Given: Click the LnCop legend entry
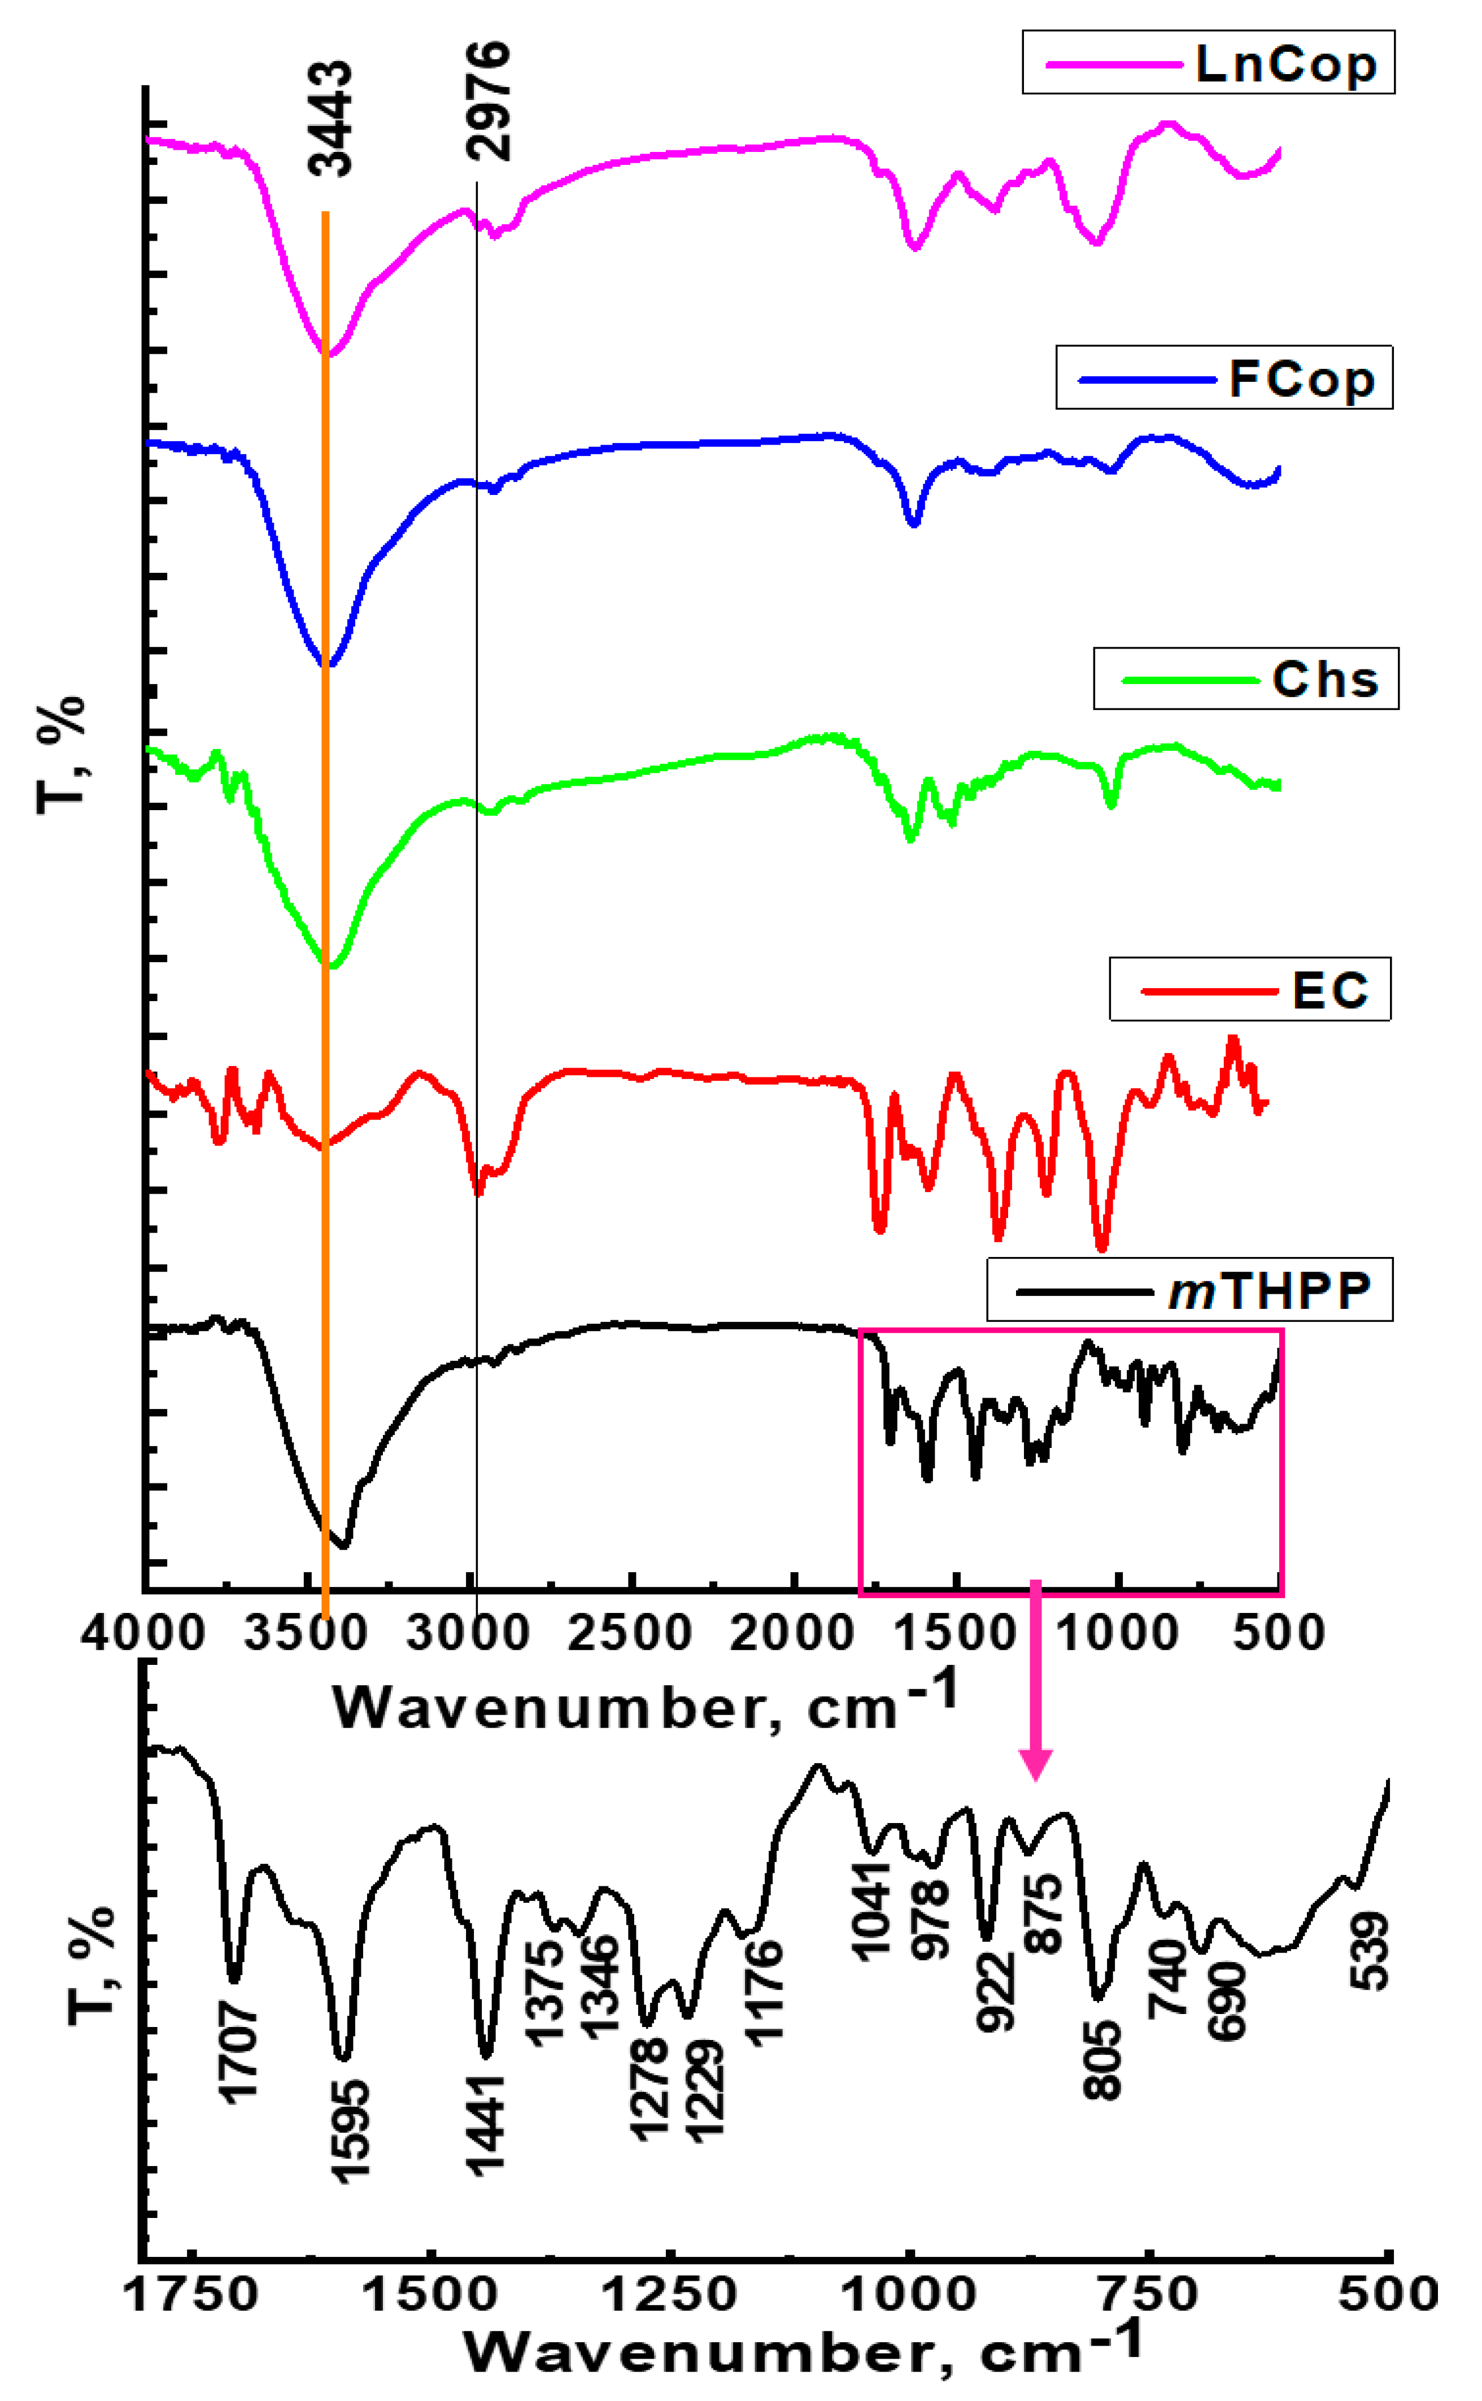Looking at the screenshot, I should pyautogui.click(x=1208, y=63).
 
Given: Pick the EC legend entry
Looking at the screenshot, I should pyautogui.click(x=1250, y=989).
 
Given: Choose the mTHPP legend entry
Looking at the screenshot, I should pyautogui.click(x=1189, y=1290).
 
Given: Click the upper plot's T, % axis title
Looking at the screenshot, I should pyautogui.click(x=61, y=755).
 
